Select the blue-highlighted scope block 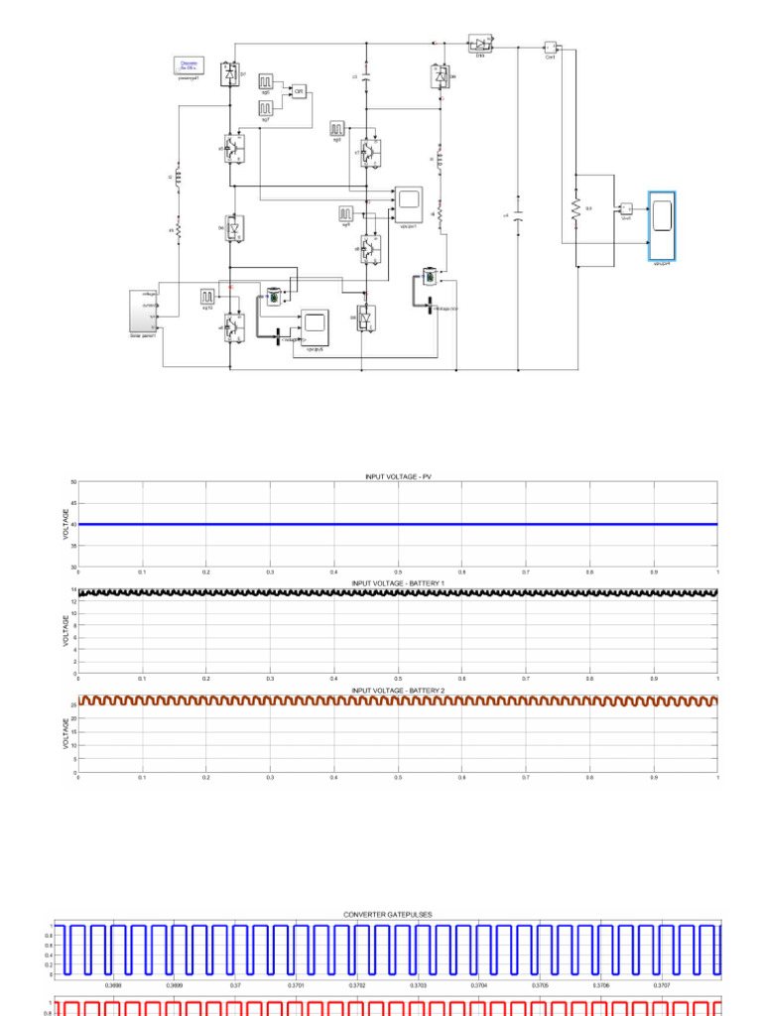[x=662, y=226]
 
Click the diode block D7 [x=230, y=74]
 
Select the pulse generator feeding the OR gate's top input [x=267, y=81]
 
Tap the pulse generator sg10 [x=208, y=297]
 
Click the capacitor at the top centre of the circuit [x=367, y=75]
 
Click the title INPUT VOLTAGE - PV [x=397, y=477]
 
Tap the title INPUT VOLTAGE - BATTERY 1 [x=397, y=583]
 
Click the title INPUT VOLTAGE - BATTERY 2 [x=397, y=689]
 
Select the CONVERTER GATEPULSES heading [x=387, y=914]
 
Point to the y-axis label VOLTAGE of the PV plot [x=66, y=524]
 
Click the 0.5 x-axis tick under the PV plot [x=397, y=572]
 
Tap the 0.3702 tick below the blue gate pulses [x=357, y=985]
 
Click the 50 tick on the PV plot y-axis [x=72, y=482]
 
